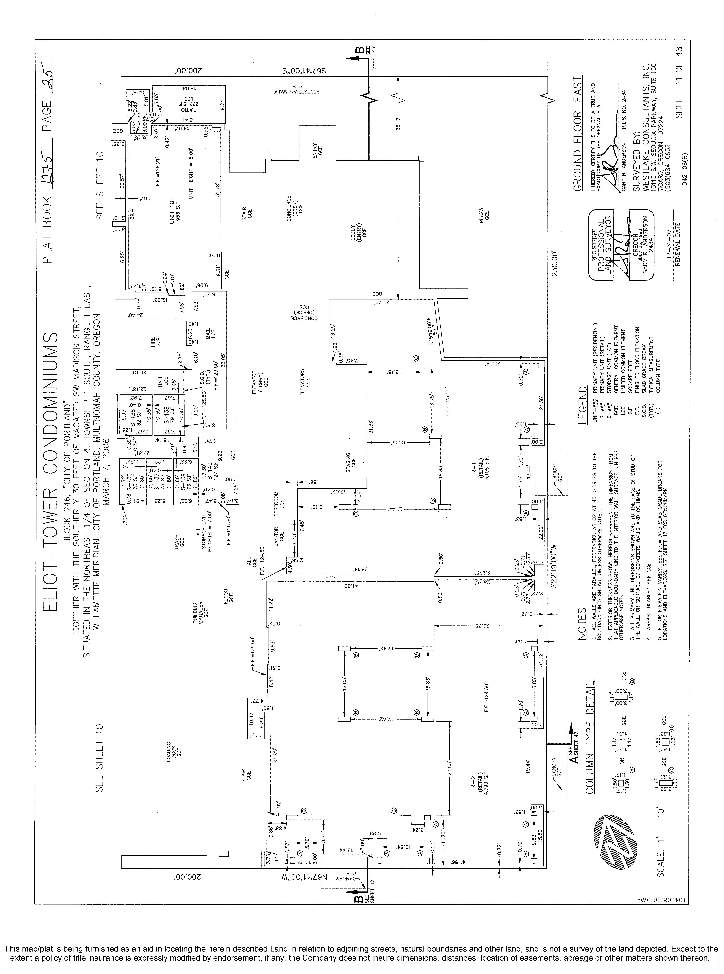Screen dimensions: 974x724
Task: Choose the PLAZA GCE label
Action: pyautogui.click(x=484, y=215)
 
